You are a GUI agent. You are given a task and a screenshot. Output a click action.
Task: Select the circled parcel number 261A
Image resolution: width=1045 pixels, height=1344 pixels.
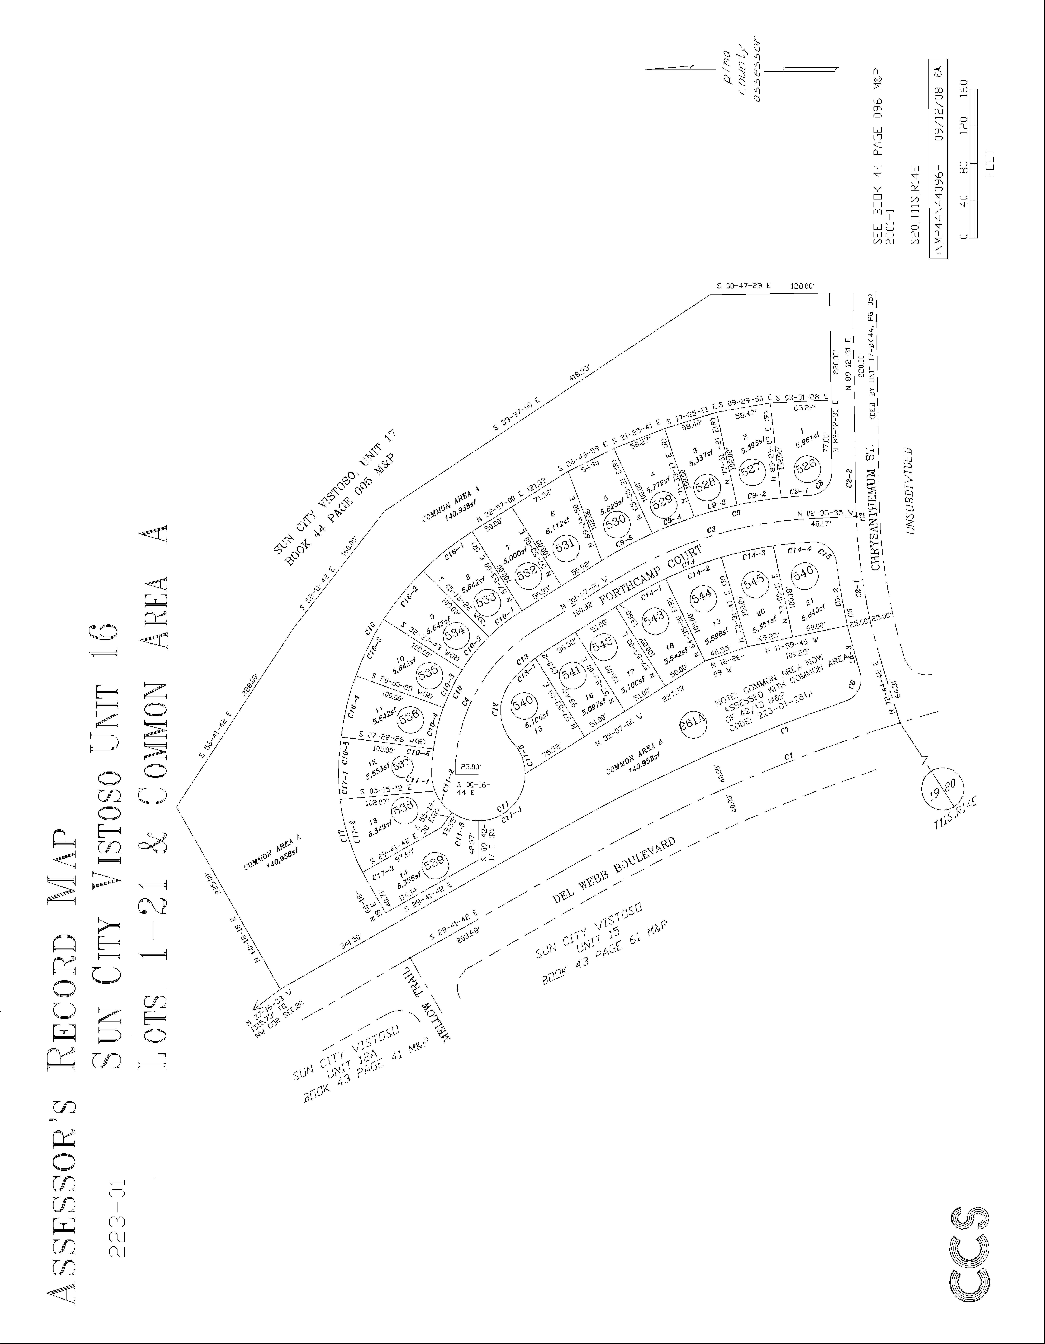pos(692,723)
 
